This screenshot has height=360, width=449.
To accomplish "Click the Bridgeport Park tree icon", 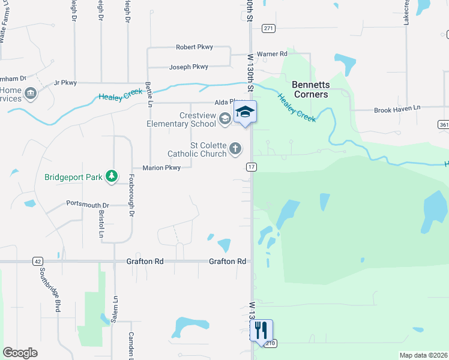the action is point(111,176).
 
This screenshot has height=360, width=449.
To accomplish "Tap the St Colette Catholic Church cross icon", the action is point(236,148).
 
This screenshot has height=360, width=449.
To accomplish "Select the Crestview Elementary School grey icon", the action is point(224,119).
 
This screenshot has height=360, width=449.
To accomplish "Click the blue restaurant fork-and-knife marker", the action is point(261,330).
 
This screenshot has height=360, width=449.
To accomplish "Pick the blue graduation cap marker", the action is point(245,112).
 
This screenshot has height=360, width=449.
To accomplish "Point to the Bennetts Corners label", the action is point(310,89).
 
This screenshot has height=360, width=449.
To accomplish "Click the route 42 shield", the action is point(37,262).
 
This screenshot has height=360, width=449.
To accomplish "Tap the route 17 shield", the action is point(251,167).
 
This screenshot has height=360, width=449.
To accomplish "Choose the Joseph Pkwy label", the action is point(188,67).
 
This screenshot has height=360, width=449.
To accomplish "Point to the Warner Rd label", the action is point(272,54).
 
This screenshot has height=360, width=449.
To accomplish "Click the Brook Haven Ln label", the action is point(397,110).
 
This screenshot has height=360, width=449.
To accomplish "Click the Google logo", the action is point(20,353).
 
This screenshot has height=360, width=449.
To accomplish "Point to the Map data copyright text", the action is point(423,355).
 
